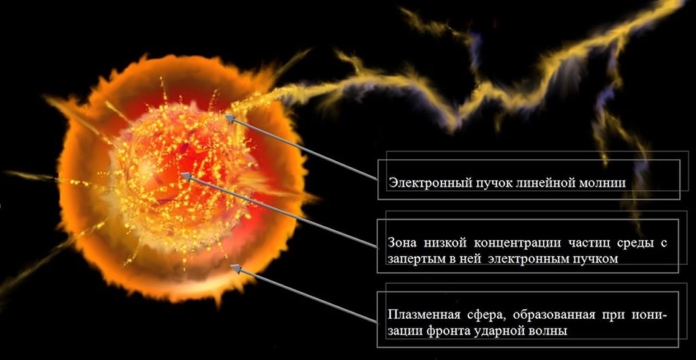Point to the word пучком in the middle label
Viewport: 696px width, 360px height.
(594, 259)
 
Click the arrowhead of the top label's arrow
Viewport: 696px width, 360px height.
(229, 118)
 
